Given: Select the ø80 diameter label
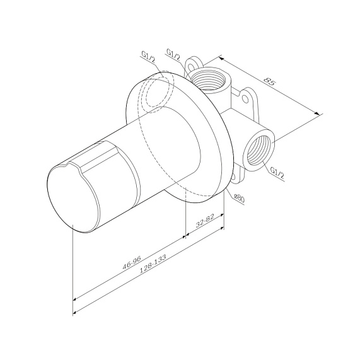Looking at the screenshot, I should pyautogui.click(x=239, y=197).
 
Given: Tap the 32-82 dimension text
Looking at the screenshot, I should pyautogui.click(x=206, y=221).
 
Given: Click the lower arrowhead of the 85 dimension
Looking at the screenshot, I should pyautogui.click(x=319, y=114).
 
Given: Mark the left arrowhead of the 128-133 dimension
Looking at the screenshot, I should pyautogui.click(x=75, y=313).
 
